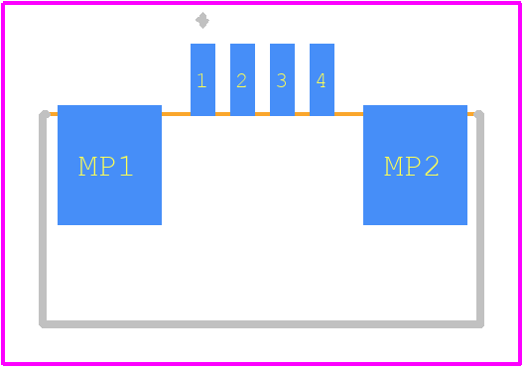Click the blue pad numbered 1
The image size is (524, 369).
point(202,79)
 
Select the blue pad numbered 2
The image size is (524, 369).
point(242,79)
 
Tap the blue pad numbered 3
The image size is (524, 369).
point(283,79)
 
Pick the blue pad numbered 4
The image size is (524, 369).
point(322,79)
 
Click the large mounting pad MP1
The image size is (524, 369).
point(109,165)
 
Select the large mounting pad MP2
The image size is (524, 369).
point(416,165)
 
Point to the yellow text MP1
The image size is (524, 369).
point(105,166)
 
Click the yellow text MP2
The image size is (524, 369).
point(412,166)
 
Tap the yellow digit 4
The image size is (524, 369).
point(322,80)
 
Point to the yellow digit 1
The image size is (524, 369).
point(201,80)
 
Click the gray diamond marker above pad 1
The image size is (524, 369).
point(202,21)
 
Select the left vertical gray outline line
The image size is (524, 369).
point(43,219)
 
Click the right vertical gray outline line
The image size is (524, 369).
point(480,219)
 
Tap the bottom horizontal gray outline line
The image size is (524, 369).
point(261,324)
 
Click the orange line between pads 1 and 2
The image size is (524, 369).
point(222,114)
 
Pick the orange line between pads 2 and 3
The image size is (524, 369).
point(262,114)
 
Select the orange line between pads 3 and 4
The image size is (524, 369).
point(302,114)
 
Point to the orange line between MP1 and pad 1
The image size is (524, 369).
point(176,114)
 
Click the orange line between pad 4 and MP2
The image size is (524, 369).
point(349,114)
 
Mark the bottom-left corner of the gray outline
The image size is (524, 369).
point(43,324)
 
